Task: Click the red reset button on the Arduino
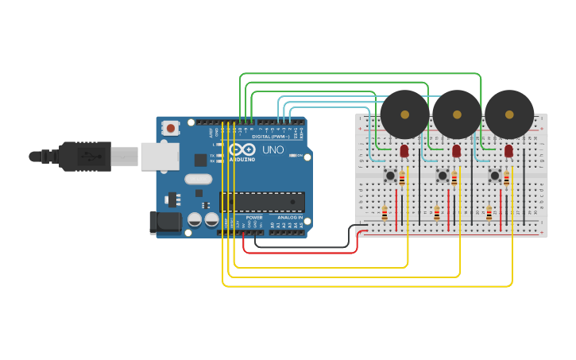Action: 170,127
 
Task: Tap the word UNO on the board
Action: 273,149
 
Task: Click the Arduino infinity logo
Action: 242,149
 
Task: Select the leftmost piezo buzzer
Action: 404,114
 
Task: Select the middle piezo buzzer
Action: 457,114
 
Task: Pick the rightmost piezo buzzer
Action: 509,114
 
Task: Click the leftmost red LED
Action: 404,150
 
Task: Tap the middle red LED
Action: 456,150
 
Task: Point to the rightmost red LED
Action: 508,150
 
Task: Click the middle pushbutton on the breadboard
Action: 443,175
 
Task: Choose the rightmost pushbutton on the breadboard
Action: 495,175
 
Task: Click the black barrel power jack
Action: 165,223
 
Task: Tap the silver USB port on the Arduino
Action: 160,157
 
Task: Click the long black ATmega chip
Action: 262,202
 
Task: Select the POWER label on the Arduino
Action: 253,217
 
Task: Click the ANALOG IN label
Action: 289,217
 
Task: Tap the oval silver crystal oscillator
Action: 198,179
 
